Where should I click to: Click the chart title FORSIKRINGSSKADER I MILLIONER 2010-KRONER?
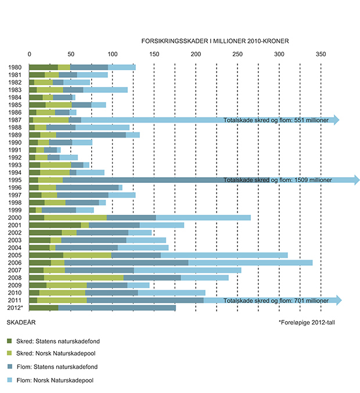(x=215, y=41)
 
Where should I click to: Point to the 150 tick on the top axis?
(x=154, y=54)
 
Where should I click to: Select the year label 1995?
(x=16, y=180)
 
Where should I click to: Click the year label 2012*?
(x=17, y=308)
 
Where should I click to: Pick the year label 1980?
(x=16, y=67)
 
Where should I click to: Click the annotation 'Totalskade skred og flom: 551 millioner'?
(x=276, y=120)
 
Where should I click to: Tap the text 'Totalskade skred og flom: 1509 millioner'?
(x=278, y=180)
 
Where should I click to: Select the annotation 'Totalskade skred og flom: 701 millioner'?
(x=276, y=300)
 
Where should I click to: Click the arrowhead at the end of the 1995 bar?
(x=356, y=180)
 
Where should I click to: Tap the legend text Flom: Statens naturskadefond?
(x=60, y=367)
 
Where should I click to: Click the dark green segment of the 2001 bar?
(x=55, y=225)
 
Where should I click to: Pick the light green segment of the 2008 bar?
(x=84, y=277)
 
